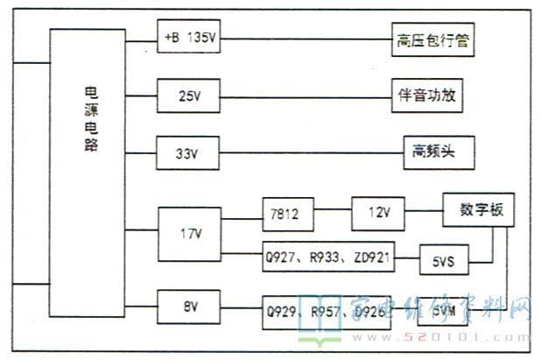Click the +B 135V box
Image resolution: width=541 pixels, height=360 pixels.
click(x=190, y=39)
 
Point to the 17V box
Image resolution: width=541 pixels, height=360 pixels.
click(x=190, y=233)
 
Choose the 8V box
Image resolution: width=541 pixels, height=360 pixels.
click(x=190, y=307)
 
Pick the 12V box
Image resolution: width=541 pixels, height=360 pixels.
click(x=377, y=213)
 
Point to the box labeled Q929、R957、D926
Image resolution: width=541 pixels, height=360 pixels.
click(x=333, y=312)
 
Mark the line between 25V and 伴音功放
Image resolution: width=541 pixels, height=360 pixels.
click(x=306, y=94)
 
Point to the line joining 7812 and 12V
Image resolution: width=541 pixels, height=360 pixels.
click(x=332, y=211)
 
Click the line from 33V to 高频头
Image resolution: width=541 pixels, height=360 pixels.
click(x=311, y=152)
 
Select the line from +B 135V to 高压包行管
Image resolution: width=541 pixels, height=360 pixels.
click(x=306, y=39)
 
